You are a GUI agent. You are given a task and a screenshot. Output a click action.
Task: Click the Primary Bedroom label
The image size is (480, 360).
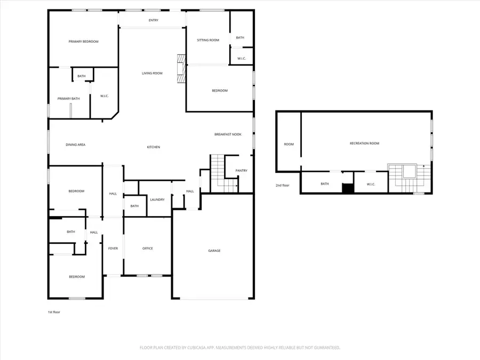pyautogui.click(x=83, y=42)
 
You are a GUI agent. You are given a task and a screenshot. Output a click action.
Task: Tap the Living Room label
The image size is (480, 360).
pyautogui.click(x=152, y=73)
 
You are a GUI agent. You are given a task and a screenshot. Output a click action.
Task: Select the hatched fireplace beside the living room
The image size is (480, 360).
pyautogui.click(x=181, y=69)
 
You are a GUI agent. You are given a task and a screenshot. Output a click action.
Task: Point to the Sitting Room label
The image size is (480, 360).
pyautogui.click(x=208, y=40)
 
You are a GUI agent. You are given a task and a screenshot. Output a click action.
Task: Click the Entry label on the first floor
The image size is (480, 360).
pyautogui.click(x=154, y=20)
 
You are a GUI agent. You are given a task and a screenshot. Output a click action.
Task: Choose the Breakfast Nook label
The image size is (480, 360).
pyautogui.click(x=228, y=134)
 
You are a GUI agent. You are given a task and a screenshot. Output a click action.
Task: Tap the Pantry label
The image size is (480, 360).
pyautogui.click(x=241, y=171)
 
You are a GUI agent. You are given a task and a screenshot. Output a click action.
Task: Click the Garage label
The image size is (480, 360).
pyautogui.click(x=214, y=251)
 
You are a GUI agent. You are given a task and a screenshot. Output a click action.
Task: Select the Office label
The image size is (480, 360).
pyautogui.click(x=148, y=248)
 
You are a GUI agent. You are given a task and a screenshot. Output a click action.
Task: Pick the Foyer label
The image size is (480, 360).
pyautogui.click(x=113, y=248)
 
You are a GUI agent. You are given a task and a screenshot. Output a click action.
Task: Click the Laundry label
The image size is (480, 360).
pyautogui.click(x=157, y=199)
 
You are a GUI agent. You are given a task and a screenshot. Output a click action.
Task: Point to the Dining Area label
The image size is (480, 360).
pyautogui.click(x=76, y=145)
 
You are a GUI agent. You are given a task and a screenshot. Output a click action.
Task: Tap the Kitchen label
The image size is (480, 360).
pyautogui.click(x=154, y=147)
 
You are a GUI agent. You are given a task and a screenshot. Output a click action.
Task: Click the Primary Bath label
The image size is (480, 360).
pyautogui.click(x=69, y=99)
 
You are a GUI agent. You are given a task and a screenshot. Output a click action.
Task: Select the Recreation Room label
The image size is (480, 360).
pyautogui.click(x=364, y=143)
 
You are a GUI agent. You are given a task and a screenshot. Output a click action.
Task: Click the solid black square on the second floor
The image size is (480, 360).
pyautogui.click(x=348, y=188)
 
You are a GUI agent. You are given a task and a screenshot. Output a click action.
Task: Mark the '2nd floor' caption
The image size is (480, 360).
pyautogui.click(x=282, y=185)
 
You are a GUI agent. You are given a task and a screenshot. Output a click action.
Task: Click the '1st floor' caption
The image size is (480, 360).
pyautogui.click(x=54, y=312)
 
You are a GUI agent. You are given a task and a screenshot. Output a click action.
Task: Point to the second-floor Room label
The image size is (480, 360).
pyautogui.click(x=289, y=144)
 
